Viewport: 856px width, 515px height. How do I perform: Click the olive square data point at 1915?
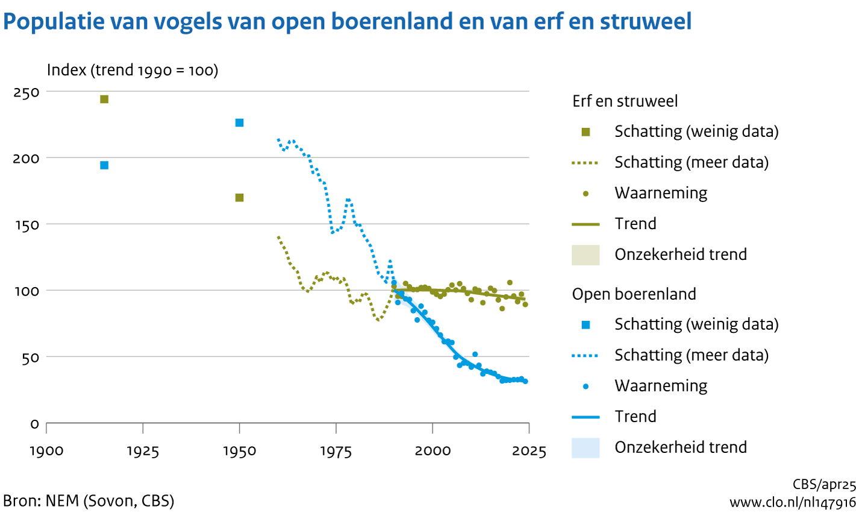coord(104,100)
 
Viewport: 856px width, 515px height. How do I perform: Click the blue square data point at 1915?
coord(104,165)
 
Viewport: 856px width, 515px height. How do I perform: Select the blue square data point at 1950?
coord(239,123)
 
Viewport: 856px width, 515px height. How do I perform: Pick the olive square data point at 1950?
coord(239,198)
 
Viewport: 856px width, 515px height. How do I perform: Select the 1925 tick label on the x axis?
coord(143,451)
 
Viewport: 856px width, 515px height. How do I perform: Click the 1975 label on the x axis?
coord(336,451)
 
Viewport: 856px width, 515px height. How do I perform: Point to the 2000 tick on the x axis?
coord(433,451)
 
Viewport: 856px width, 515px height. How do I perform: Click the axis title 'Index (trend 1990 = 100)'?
coord(133,71)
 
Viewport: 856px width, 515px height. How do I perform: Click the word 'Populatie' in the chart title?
coord(52,22)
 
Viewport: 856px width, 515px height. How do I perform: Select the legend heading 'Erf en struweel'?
coord(625,101)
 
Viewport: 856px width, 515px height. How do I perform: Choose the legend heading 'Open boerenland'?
coord(634,294)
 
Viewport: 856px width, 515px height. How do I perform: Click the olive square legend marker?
coord(586,132)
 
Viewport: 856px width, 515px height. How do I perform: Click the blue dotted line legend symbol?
coord(586,356)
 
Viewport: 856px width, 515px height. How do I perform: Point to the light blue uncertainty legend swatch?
coord(586,447)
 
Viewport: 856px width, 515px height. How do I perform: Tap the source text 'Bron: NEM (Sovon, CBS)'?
coord(89,501)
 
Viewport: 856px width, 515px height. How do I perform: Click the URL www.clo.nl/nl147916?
coord(792,502)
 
